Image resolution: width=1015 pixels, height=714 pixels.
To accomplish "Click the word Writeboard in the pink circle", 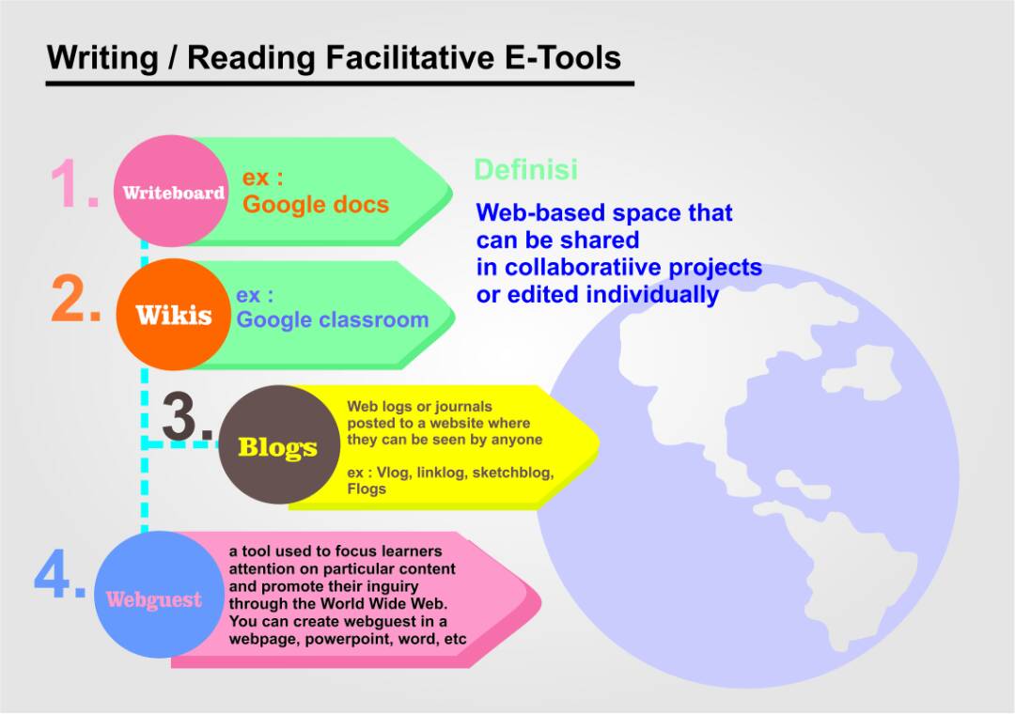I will click(174, 193).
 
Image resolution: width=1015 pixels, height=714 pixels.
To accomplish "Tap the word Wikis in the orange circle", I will click(174, 315).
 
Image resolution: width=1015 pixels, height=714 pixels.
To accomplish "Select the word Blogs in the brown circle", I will click(277, 447).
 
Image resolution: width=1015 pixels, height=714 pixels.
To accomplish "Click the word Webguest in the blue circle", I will click(153, 599).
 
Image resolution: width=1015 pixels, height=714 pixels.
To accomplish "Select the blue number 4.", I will click(59, 577).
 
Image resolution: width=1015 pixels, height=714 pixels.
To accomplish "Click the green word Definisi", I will click(525, 170).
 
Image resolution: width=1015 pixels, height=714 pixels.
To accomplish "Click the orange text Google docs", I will click(316, 204).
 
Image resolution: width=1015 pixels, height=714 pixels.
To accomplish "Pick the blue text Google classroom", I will click(333, 319).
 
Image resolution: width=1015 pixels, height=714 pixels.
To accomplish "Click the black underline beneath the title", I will click(339, 84).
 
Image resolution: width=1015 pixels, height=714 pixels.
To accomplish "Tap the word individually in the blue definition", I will click(652, 294).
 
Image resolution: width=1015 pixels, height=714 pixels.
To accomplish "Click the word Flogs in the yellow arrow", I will click(367, 489).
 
